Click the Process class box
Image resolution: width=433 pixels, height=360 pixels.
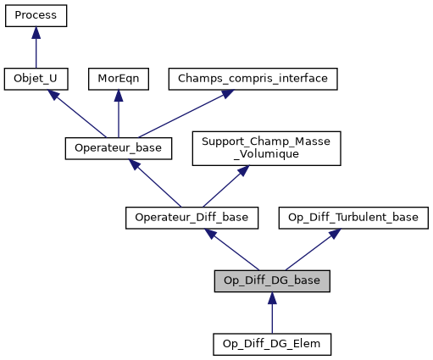[x=36, y=16]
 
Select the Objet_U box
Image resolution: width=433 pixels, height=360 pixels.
[x=36, y=79]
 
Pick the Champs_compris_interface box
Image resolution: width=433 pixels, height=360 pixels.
[x=253, y=79]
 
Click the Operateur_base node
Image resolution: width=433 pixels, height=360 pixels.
[x=119, y=148]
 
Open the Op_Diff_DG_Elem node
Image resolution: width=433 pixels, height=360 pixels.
[x=271, y=344]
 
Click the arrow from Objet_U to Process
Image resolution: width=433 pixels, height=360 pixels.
[x=36, y=47]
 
